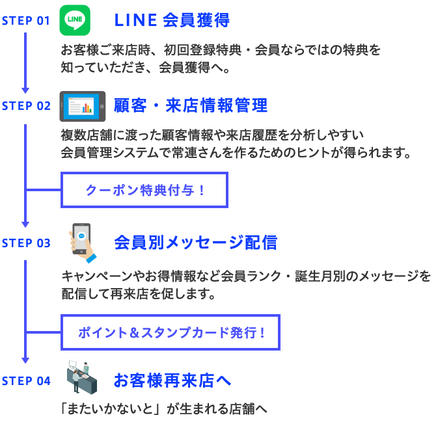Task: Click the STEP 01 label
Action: (x=26, y=21)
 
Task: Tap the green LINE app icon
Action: (x=75, y=20)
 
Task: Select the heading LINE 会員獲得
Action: (x=172, y=21)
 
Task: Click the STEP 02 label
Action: (x=26, y=106)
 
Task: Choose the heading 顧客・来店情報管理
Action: (x=191, y=105)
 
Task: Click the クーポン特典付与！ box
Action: (x=144, y=191)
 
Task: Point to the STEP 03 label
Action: (x=26, y=243)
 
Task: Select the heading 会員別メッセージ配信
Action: (x=195, y=243)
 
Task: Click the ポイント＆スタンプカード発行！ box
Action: (x=171, y=332)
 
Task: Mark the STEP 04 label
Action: (x=26, y=381)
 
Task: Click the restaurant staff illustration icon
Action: (x=82, y=377)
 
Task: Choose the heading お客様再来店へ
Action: (x=172, y=381)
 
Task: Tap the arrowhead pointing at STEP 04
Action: (x=25, y=359)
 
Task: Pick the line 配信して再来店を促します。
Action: (x=138, y=293)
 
